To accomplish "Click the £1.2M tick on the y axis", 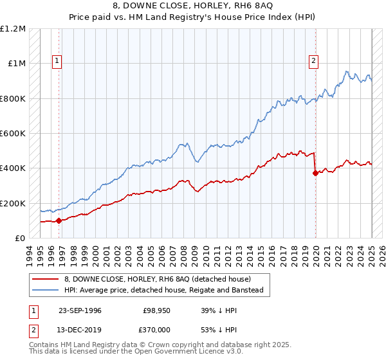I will pyautogui.click(x=13, y=29).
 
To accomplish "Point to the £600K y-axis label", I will pyautogui.click(x=13, y=134).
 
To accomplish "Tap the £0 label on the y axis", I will pyautogui.click(x=20, y=239).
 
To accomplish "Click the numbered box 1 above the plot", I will pyautogui.click(x=57, y=61).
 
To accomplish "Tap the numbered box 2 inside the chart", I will pyautogui.click(x=313, y=61).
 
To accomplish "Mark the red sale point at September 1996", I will pyautogui.click(x=59, y=221).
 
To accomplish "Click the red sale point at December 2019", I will pyautogui.click(x=315, y=174).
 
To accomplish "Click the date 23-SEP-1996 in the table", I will pyautogui.click(x=80, y=310).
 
